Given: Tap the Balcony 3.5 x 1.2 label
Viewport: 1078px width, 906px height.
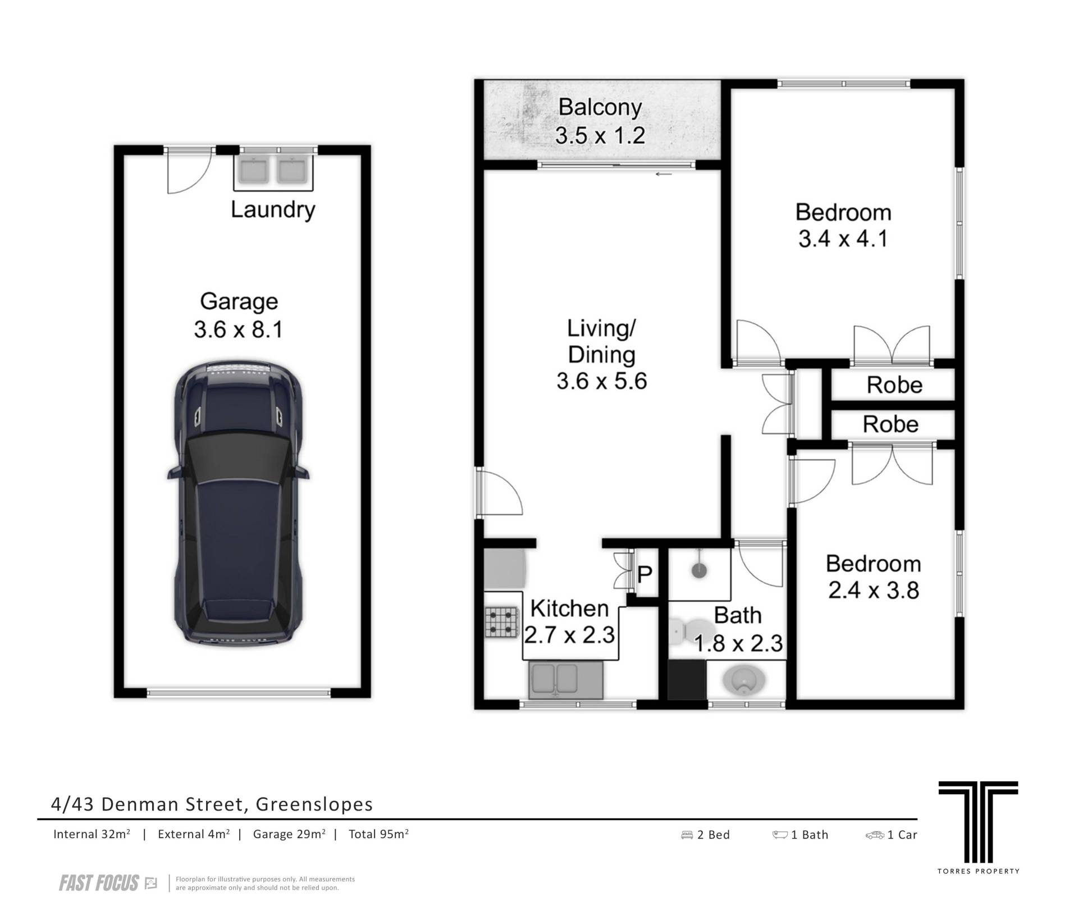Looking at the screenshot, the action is pyautogui.click(x=600, y=121).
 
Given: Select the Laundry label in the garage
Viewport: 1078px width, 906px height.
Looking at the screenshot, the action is pyautogui.click(x=273, y=210).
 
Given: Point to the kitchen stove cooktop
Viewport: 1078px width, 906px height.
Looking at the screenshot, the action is pyautogui.click(x=501, y=622).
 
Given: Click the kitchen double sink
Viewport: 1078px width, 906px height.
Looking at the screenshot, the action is pyautogui.click(x=565, y=679).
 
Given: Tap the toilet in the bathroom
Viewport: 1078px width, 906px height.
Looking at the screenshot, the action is pyautogui.click(x=691, y=632).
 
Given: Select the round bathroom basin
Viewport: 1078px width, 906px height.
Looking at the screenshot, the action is pyautogui.click(x=744, y=681).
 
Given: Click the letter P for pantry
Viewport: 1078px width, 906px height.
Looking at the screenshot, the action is pyautogui.click(x=645, y=574).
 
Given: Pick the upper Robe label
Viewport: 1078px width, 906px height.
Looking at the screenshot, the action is pyautogui.click(x=894, y=385).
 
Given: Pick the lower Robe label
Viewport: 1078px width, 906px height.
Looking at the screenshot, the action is pyautogui.click(x=890, y=424).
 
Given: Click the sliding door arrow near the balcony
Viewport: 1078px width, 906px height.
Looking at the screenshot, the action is pyautogui.click(x=664, y=174).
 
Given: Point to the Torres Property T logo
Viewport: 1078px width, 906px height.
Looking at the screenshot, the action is pyautogui.click(x=978, y=829).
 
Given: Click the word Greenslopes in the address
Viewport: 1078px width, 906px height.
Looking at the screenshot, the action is pyautogui.click(x=314, y=804).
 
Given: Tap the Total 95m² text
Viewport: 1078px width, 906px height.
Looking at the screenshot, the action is pyautogui.click(x=378, y=834).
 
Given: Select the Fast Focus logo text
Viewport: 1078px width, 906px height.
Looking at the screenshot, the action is pyautogui.click(x=99, y=884).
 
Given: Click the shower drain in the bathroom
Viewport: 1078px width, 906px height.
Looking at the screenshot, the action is pyautogui.click(x=699, y=571).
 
